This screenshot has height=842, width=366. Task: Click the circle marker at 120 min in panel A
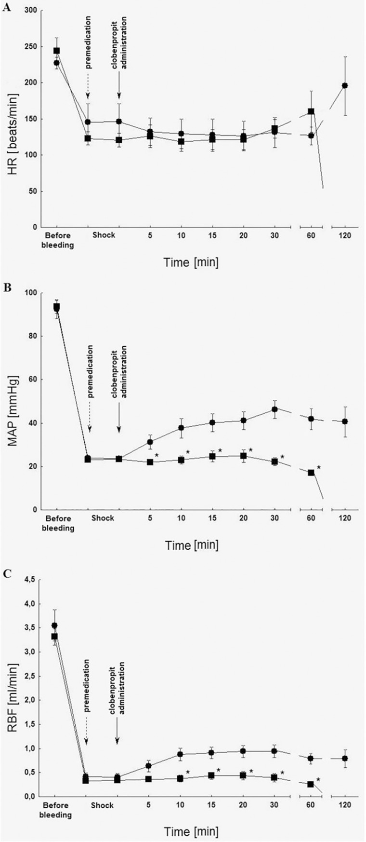tap(345, 85)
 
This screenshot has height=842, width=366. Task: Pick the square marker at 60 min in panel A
tap(311, 111)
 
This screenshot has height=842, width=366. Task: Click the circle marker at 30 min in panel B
tap(274, 409)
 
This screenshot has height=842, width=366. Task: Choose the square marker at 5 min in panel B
tap(150, 462)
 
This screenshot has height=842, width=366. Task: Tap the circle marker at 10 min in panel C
tap(181, 754)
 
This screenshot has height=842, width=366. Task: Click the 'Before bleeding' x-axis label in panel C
tap(57, 810)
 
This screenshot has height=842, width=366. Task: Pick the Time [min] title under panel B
tap(192, 545)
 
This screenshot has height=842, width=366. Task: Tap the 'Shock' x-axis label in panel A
tap(103, 236)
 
